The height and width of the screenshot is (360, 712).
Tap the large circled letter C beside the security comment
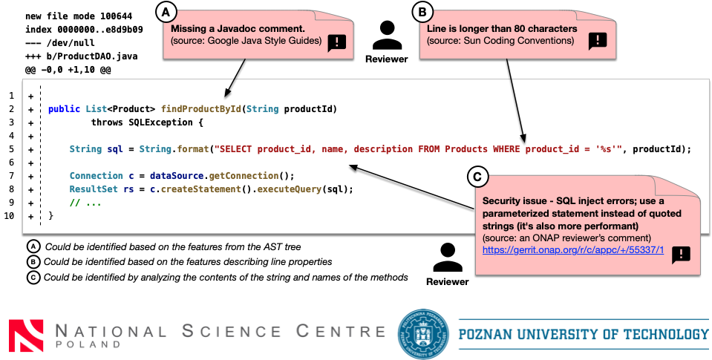click(479, 177)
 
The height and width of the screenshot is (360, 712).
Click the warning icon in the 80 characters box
click(598, 42)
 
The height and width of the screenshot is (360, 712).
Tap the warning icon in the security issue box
click(681, 255)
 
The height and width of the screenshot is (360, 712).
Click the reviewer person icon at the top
click(386, 35)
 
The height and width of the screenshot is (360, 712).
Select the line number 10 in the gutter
click(10, 216)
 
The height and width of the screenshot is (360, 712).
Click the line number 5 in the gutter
click(11, 149)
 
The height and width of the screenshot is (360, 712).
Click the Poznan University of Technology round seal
click(424, 333)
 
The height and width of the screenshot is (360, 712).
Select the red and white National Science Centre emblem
click(26, 334)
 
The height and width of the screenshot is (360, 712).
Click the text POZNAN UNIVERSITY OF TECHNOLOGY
click(584, 334)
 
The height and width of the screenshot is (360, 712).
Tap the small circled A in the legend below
click(33, 246)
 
